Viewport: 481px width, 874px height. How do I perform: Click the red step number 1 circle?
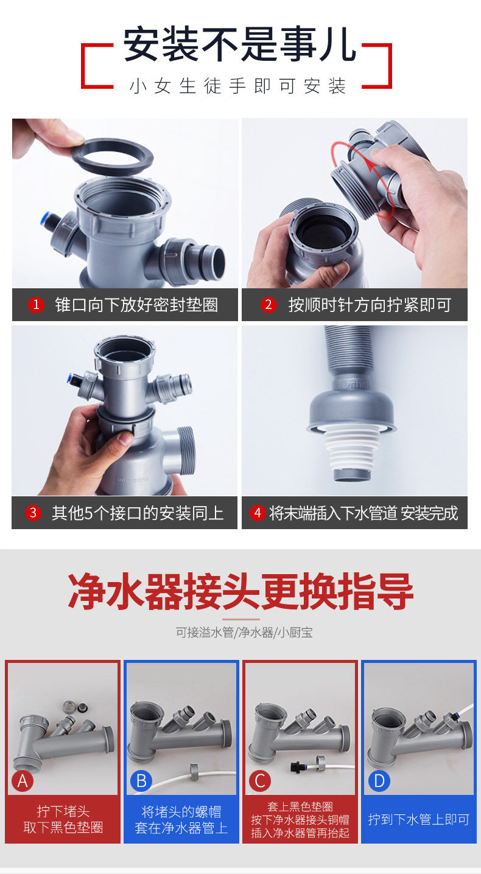(x=36, y=305)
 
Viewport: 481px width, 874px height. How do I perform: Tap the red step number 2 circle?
(x=269, y=305)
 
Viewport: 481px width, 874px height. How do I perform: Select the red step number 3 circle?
(x=33, y=513)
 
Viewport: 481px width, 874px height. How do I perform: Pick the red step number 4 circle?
(x=258, y=513)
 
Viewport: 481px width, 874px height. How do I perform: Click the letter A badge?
(x=23, y=781)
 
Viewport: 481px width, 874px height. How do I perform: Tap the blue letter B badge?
(x=141, y=781)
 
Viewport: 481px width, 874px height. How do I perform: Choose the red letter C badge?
(x=260, y=781)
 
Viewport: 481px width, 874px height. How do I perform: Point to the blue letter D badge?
(x=379, y=781)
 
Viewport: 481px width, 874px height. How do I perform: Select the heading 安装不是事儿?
(x=239, y=44)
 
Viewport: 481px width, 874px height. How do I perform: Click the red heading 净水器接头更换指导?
(x=240, y=592)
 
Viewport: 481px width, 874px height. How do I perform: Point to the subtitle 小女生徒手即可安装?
(x=238, y=86)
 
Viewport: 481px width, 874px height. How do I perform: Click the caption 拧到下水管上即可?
(x=418, y=819)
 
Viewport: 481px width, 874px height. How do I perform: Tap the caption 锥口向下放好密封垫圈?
(x=136, y=305)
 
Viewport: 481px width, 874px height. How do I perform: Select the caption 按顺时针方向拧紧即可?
(x=370, y=305)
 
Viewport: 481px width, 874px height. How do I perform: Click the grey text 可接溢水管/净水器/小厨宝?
(x=244, y=633)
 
